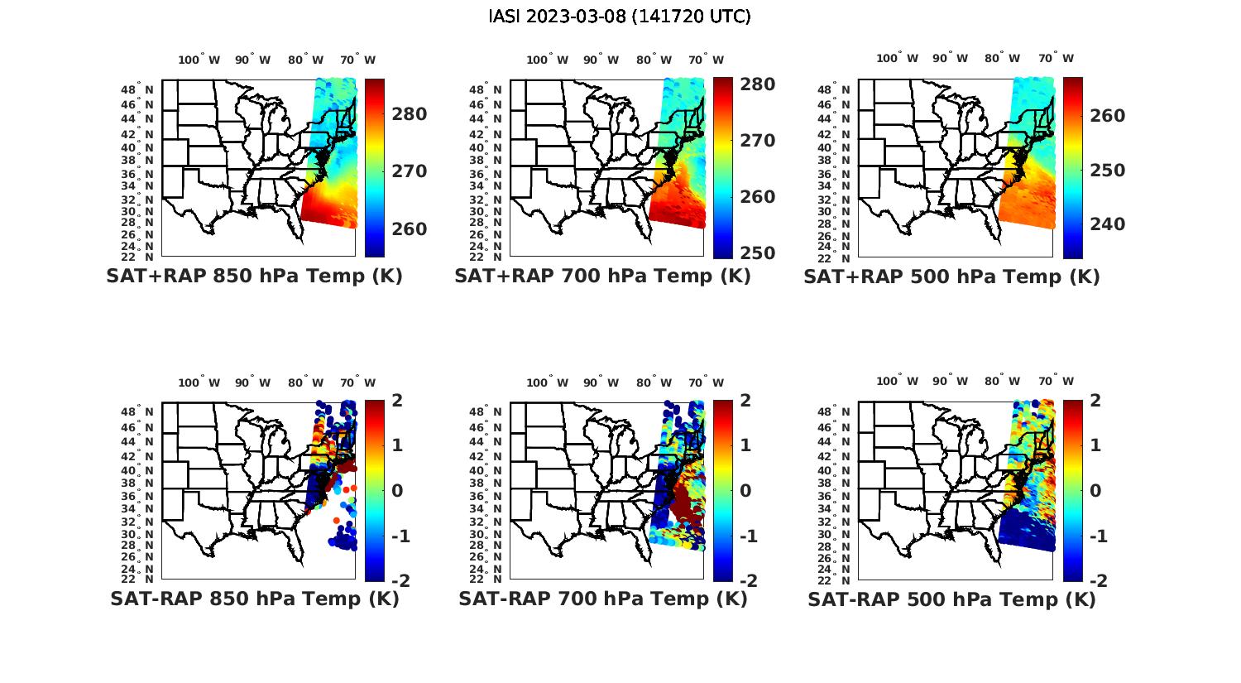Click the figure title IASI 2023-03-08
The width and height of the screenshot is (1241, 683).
[x=620, y=17]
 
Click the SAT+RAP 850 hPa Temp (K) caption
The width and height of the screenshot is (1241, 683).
[x=254, y=277]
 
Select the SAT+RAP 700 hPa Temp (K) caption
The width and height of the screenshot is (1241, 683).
[x=602, y=277]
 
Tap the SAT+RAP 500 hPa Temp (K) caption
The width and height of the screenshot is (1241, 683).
[x=951, y=277]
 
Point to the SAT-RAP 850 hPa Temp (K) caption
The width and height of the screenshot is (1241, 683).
[x=255, y=599]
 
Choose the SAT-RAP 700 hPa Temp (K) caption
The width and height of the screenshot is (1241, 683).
[x=603, y=599]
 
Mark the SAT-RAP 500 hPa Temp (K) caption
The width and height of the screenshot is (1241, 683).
[x=951, y=599]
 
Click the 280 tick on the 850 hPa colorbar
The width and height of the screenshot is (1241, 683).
[x=409, y=114]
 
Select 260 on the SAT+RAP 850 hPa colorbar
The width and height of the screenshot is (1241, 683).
[x=409, y=229]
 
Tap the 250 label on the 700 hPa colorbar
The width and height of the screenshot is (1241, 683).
[x=757, y=253]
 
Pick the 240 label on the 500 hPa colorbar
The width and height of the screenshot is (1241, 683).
[x=1107, y=224]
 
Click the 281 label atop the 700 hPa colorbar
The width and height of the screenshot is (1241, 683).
[x=757, y=84]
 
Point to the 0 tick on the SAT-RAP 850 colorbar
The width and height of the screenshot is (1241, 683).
[x=396, y=490]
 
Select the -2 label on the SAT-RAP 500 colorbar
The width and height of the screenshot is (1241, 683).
[x=1098, y=580]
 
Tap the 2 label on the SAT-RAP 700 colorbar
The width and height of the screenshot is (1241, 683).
[x=746, y=401]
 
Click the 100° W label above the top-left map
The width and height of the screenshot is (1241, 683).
[x=199, y=60]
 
